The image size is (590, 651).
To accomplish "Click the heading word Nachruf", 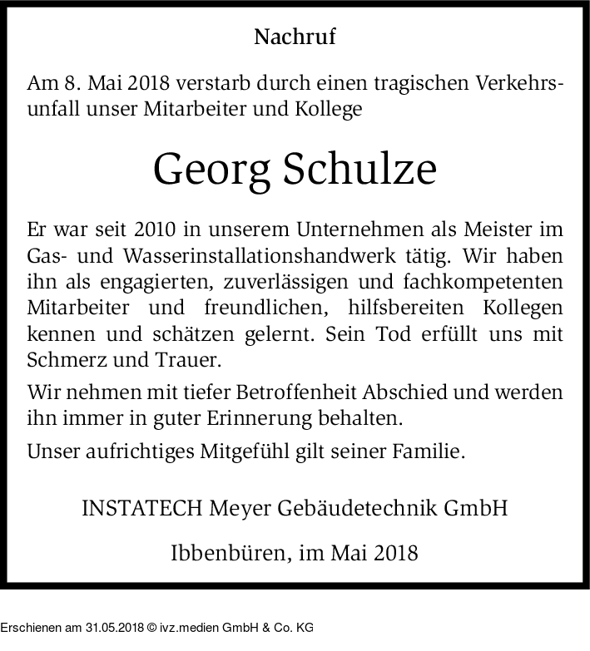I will pyautogui.click(x=295, y=37).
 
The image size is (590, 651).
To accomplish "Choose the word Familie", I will pyautogui.click(x=430, y=451).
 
